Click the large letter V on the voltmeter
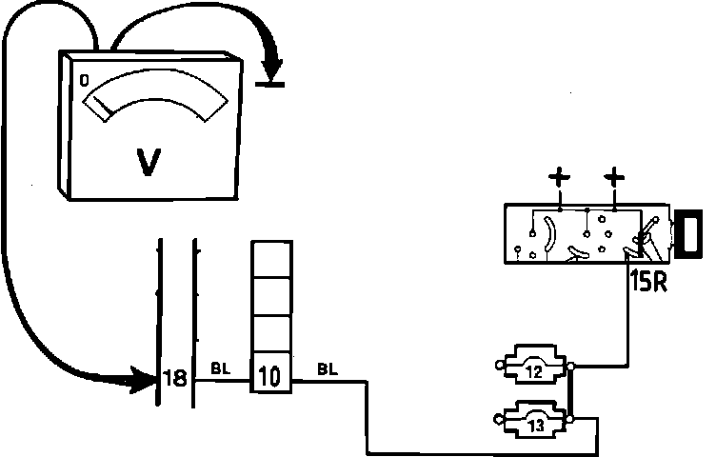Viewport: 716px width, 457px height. (x=149, y=162)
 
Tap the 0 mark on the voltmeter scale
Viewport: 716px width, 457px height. (x=85, y=82)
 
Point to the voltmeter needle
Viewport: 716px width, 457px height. (x=100, y=110)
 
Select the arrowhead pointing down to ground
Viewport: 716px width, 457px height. (x=275, y=68)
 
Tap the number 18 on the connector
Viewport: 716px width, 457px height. (x=174, y=379)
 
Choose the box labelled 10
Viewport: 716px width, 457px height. (x=269, y=378)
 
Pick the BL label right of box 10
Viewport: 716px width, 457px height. (x=326, y=368)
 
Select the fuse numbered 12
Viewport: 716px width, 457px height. (x=533, y=370)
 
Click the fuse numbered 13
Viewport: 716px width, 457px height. (x=534, y=425)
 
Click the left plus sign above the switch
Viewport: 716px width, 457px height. (x=560, y=177)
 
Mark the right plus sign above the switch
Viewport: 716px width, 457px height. (x=614, y=177)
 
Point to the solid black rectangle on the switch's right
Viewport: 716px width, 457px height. (x=687, y=235)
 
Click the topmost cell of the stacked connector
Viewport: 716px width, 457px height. (x=269, y=258)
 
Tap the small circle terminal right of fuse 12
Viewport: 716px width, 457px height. (x=569, y=366)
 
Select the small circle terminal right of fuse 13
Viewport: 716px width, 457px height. (x=569, y=419)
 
